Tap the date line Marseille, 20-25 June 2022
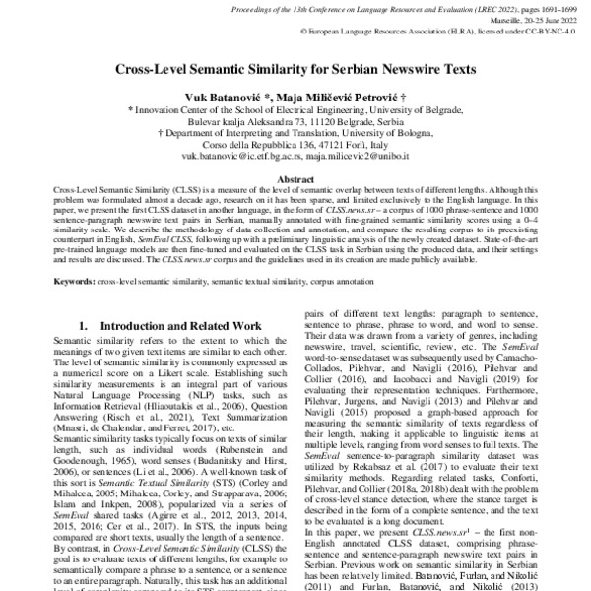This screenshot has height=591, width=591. pyautogui.click(x=531, y=20)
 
